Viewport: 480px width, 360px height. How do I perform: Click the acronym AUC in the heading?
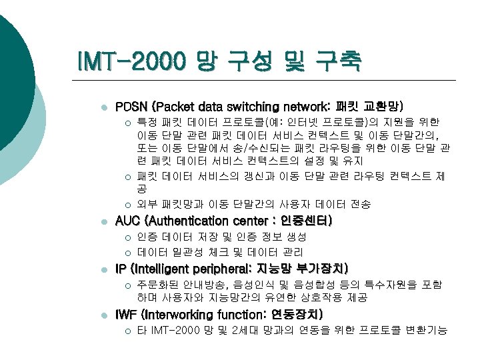coord(129,221)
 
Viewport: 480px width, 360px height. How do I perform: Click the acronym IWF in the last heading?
coord(127,314)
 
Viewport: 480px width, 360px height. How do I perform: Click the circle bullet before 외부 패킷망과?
coord(128,205)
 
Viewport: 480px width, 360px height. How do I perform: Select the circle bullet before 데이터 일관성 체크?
coord(128,253)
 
